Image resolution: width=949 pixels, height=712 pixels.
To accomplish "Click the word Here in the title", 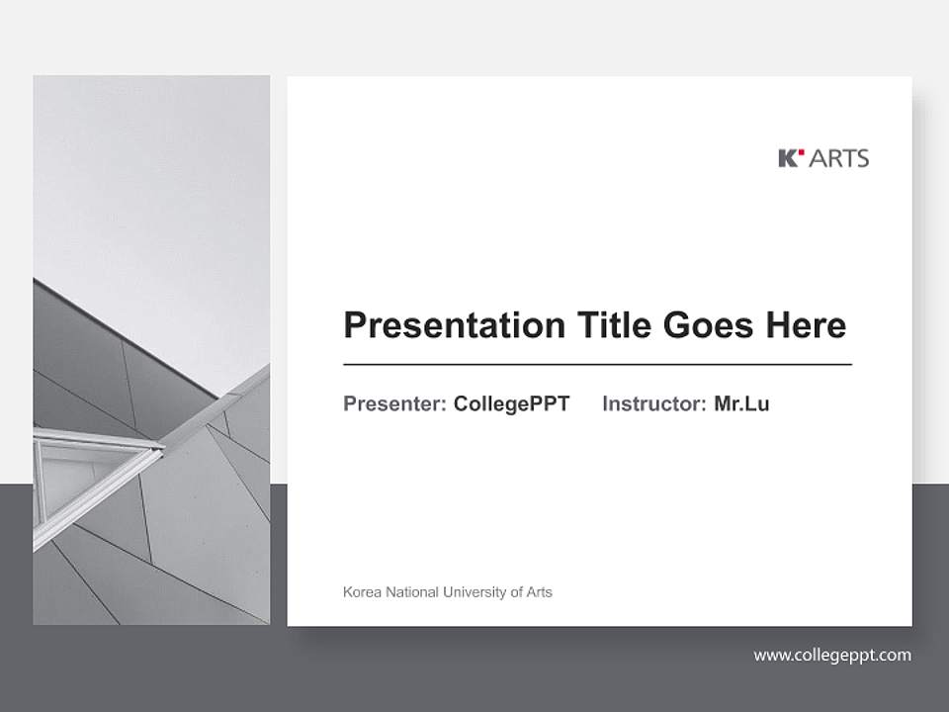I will [x=805, y=325].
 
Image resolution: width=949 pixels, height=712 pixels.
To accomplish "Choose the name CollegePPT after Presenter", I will [x=511, y=403].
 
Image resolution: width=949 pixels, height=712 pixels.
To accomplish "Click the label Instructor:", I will [x=653, y=403].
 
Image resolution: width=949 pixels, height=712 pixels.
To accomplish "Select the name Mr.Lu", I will [x=741, y=403].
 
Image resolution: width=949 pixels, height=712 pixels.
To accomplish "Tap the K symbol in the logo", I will [x=788, y=158].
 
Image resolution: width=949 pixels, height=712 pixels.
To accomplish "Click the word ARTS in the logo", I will [x=839, y=158].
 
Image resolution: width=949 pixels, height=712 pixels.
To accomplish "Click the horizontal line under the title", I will [x=597, y=365].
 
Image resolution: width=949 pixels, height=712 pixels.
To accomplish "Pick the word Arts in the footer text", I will [x=539, y=592].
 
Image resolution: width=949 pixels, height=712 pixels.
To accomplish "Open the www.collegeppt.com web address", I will [x=832, y=655].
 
